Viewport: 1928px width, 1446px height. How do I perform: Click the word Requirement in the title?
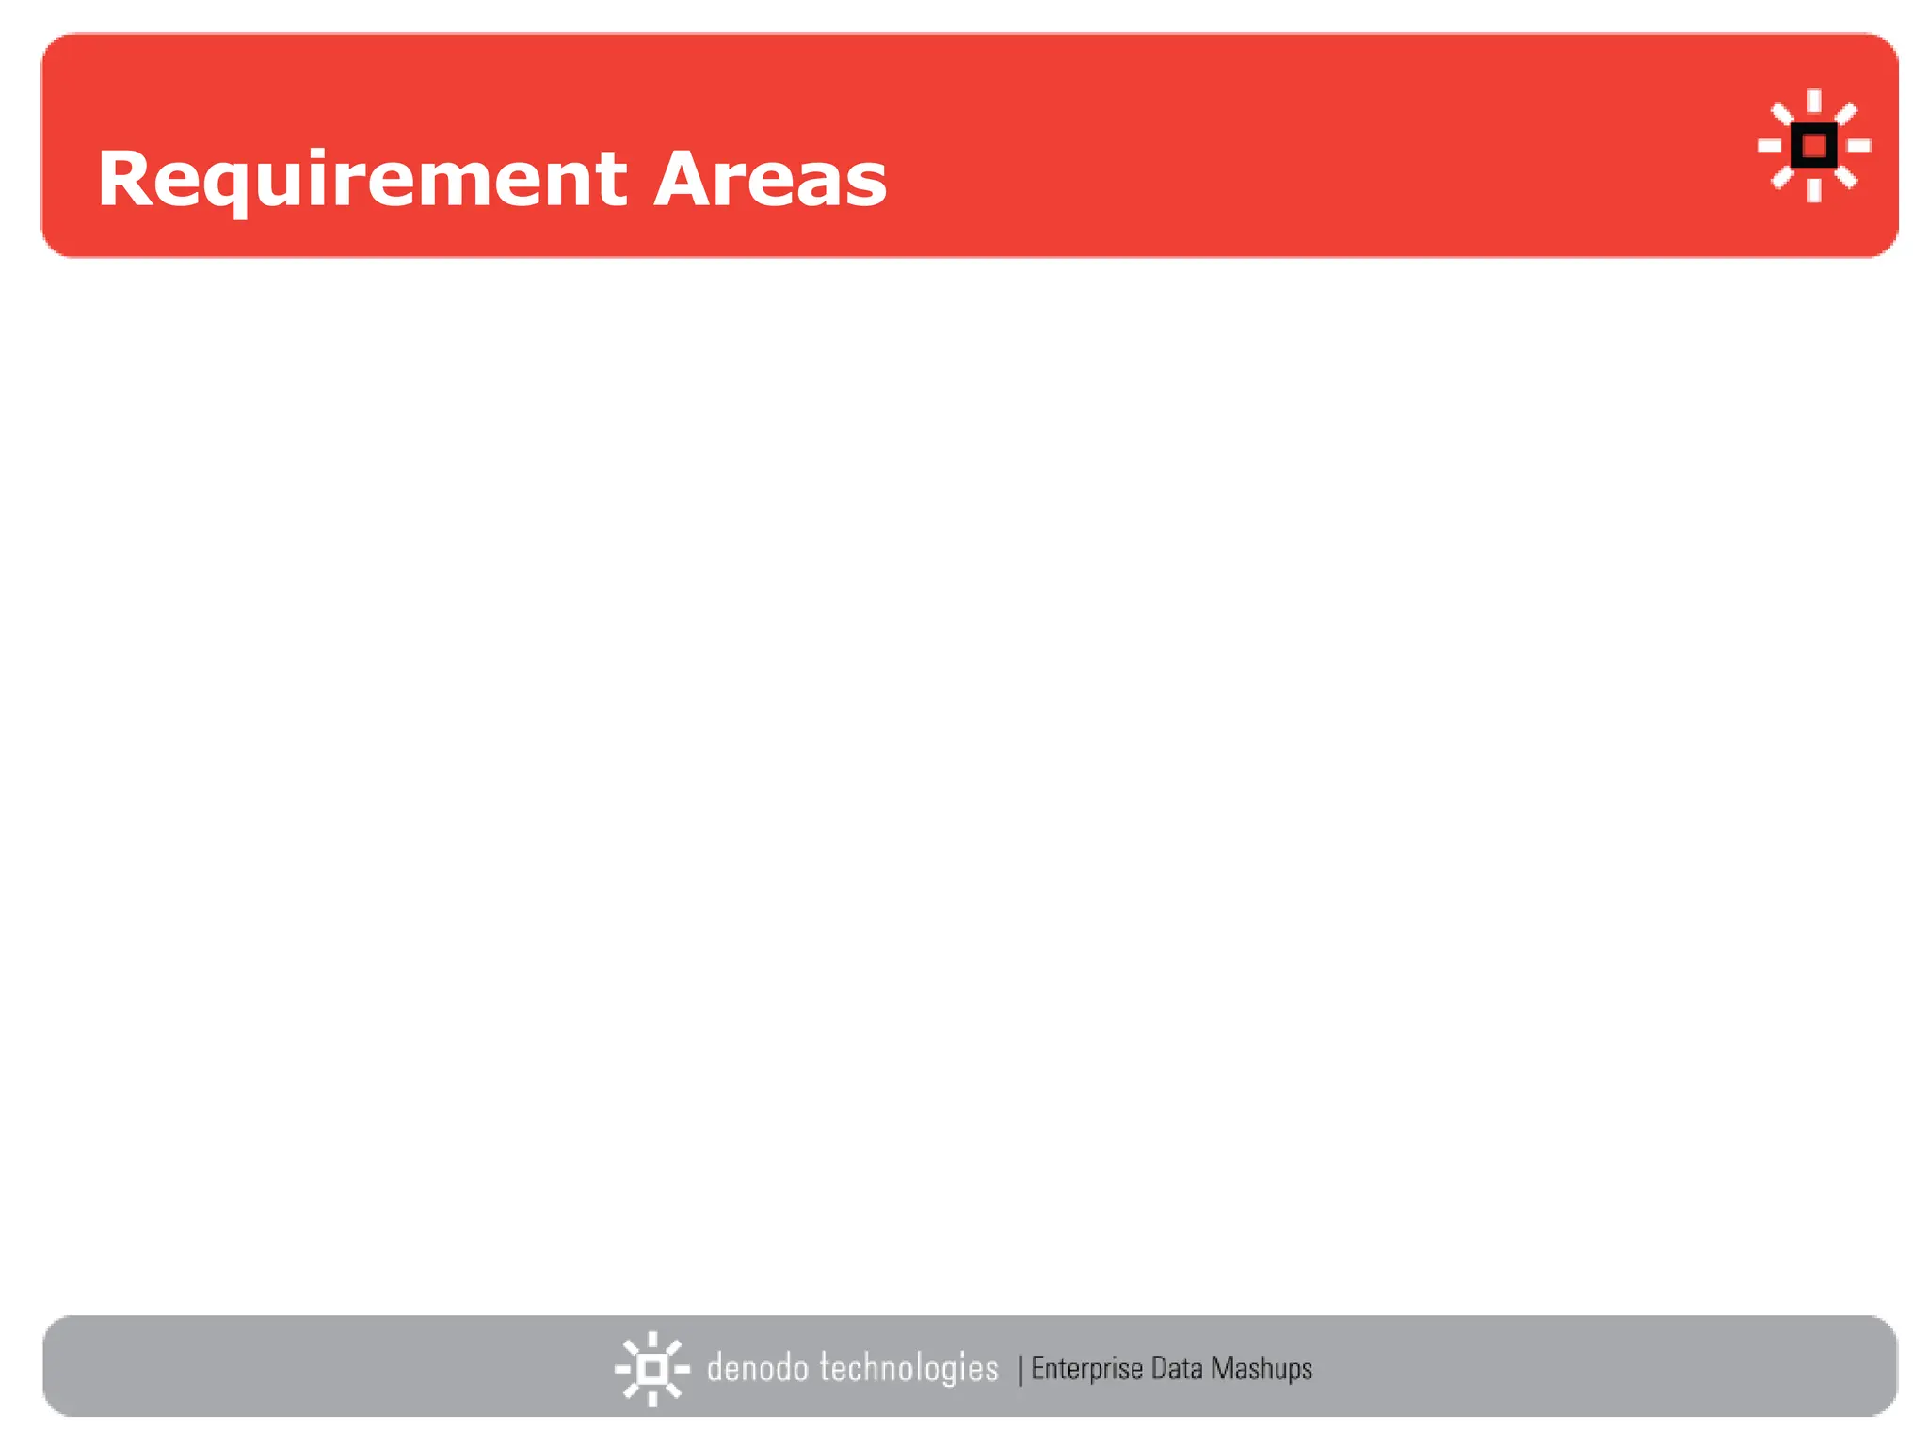pyautogui.click(x=361, y=179)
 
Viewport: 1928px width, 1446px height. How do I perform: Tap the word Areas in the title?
pyautogui.click(x=770, y=179)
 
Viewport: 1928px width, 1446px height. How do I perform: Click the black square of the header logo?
pyautogui.click(x=1814, y=146)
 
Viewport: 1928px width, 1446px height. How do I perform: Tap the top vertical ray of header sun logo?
pyautogui.click(x=1814, y=100)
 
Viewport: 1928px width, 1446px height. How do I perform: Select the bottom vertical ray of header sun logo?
pyautogui.click(x=1814, y=190)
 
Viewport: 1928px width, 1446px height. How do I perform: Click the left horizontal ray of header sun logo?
pyautogui.click(x=1770, y=146)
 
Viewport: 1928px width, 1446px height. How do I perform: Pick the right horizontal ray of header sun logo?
pyautogui.click(x=1858, y=146)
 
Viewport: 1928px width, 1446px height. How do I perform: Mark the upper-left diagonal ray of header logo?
pyautogui.click(x=1782, y=114)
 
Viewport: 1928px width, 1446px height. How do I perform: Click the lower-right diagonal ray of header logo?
pyautogui.click(x=1846, y=177)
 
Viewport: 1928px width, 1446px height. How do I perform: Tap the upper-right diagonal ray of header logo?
pyautogui.click(x=1846, y=114)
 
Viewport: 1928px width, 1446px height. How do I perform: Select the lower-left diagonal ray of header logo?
pyautogui.click(x=1782, y=177)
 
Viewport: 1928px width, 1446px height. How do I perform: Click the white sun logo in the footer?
pyautogui.click(x=651, y=1368)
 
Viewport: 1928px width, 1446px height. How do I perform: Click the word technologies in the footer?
pyautogui.click(x=908, y=1368)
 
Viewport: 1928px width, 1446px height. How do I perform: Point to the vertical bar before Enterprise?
pyautogui.click(x=1020, y=1370)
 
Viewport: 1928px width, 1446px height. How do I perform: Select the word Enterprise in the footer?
pyautogui.click(x=1086, y=1368)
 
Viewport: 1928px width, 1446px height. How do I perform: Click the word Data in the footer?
pyautogui.click(x=1177, y=1368)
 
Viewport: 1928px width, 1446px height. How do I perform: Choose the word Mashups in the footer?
pyautogui.click(x=1261, y=1368)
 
